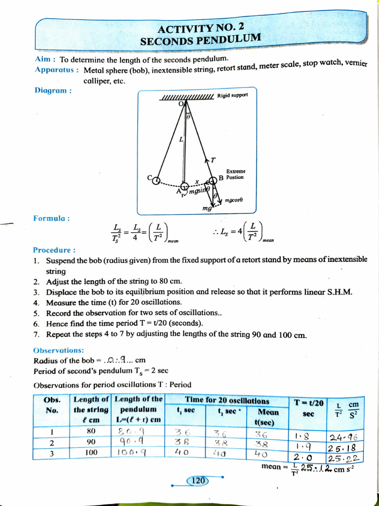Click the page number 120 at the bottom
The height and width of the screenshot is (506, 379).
pyautogui.click(x=198, y=480)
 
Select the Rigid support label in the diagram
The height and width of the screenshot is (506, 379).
pyautogui.click(x=232, y=95)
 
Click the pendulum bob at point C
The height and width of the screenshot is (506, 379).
pyautogui.click(x=156, y=180)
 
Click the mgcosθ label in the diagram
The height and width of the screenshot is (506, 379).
pyautogui.click(x=234, y=201)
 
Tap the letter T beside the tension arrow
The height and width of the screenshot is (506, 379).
pyautogui.click(x=213, y=160)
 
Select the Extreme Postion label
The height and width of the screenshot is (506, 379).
pyautogui.click(x=235, y=174)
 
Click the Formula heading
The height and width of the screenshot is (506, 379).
pyautogui.click(x=51, y=218)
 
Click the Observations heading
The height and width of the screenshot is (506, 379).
pyautogui.click(x=59, y=350)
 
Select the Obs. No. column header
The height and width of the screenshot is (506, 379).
pyautogui.click(x=52, y=405)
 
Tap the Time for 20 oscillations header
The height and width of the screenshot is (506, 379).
pyautogui.click(x=227, y=401)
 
